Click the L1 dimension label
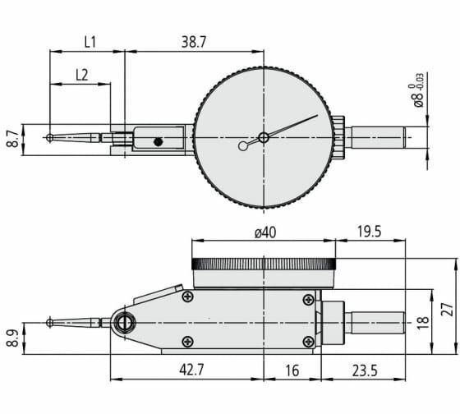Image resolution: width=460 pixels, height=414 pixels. coord(90,42)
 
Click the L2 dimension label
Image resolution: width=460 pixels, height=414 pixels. coord(82,76)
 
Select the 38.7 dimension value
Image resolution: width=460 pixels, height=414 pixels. coord(194,42)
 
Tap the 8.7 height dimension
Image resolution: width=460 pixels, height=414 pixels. coord(13,140)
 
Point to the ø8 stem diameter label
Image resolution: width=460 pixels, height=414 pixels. coord(418,90)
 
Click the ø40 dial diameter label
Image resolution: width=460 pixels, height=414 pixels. coord(265,232)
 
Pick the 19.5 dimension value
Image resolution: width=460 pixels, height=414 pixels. coord(369,232)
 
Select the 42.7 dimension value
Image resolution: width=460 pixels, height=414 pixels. coord(191,370)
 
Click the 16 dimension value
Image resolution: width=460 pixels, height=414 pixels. coord(292,370)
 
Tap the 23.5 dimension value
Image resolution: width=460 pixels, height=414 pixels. coord(365,370)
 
